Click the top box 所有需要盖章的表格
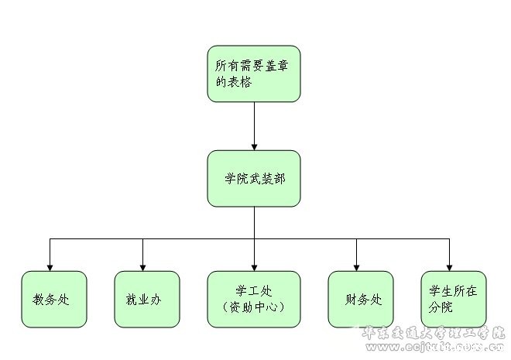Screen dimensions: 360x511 (x=253, y=74)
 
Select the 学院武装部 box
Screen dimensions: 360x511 (x=253, y=178)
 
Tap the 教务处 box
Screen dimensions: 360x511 (x=50, y=299)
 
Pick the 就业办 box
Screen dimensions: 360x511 (x=146, y=299)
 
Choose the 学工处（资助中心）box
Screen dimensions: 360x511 (x=253, y=299)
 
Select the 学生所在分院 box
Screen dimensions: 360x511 (x=453, y=299)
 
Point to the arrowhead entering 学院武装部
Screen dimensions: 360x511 (x=254, y=145)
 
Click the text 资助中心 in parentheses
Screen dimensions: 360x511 (x=253, y=307)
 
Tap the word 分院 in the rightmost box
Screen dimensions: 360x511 (x=441, y=307)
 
